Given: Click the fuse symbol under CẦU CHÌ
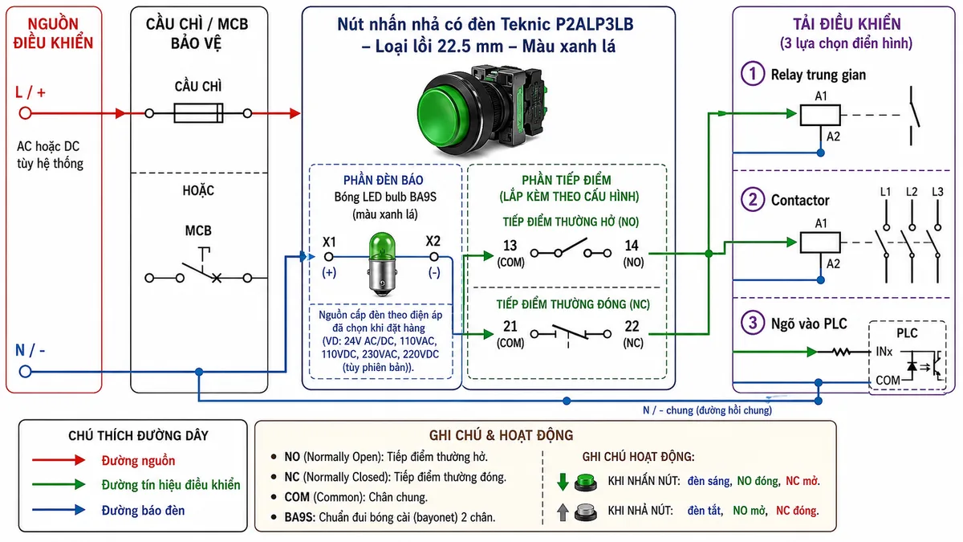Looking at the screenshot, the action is [x=198, y=113].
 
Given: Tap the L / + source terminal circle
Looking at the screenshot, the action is [x=26, y=113].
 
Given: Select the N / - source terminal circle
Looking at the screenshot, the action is [x=26, y=371].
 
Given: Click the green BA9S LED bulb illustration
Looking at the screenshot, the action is [x=382, y=264].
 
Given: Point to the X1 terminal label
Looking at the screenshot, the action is [x=329, y=242].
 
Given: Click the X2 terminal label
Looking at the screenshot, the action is [x=433, y=241].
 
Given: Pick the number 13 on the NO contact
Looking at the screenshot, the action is [x=510, y=246].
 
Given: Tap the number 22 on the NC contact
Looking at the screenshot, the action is [x=632, y=327].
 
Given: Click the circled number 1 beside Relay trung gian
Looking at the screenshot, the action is [x=753, y=74].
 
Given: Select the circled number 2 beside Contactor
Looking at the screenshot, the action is [x=753, y=200].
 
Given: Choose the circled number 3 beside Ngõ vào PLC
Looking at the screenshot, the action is [x=753, y=323].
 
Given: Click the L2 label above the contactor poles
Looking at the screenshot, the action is [x=912, y=192].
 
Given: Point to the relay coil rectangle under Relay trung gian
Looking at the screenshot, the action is [x=820, y=115].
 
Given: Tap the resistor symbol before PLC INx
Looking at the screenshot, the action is [x=841, y=353].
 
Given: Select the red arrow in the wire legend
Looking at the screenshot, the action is [x=59, y=460].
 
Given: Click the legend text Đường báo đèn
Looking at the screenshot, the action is [x=143, y=511].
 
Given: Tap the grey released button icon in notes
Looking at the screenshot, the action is [x=586, y=512].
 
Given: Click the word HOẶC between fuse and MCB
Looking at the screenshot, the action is [x=198, y=190].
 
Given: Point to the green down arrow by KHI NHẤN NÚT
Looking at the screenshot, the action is [x=563, y=482].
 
